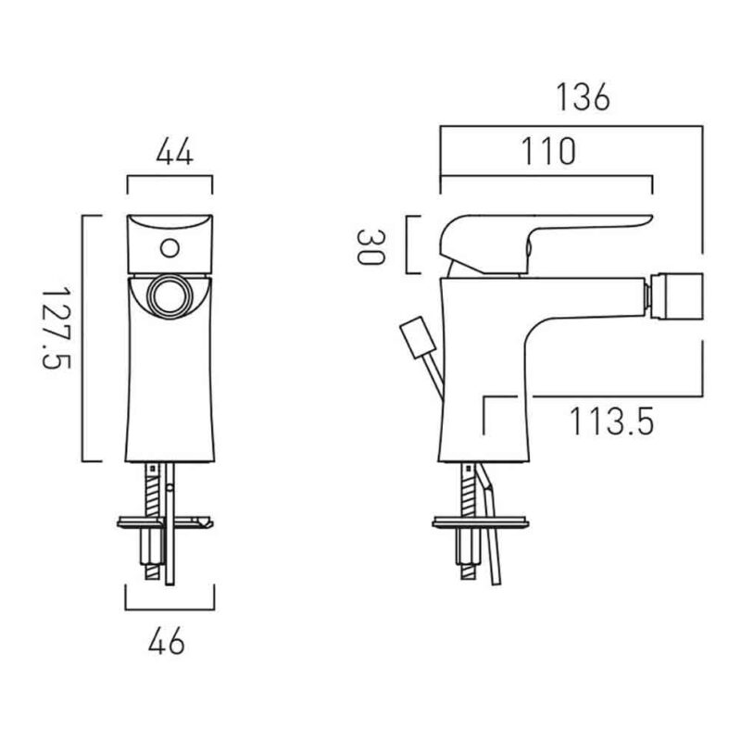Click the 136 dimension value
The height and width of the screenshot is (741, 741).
(583, 97)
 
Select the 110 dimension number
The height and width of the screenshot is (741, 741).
(548, 151)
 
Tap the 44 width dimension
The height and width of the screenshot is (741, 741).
(174, 152)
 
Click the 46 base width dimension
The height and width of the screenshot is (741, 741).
(167, 642)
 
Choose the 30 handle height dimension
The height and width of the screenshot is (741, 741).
(370, 246)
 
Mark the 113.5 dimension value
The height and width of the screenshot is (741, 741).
(611, 421)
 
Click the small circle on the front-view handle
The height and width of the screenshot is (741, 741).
(170, 248)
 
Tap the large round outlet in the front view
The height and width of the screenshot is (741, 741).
(170, 296)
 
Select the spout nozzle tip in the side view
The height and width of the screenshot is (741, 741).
(676, 295)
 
